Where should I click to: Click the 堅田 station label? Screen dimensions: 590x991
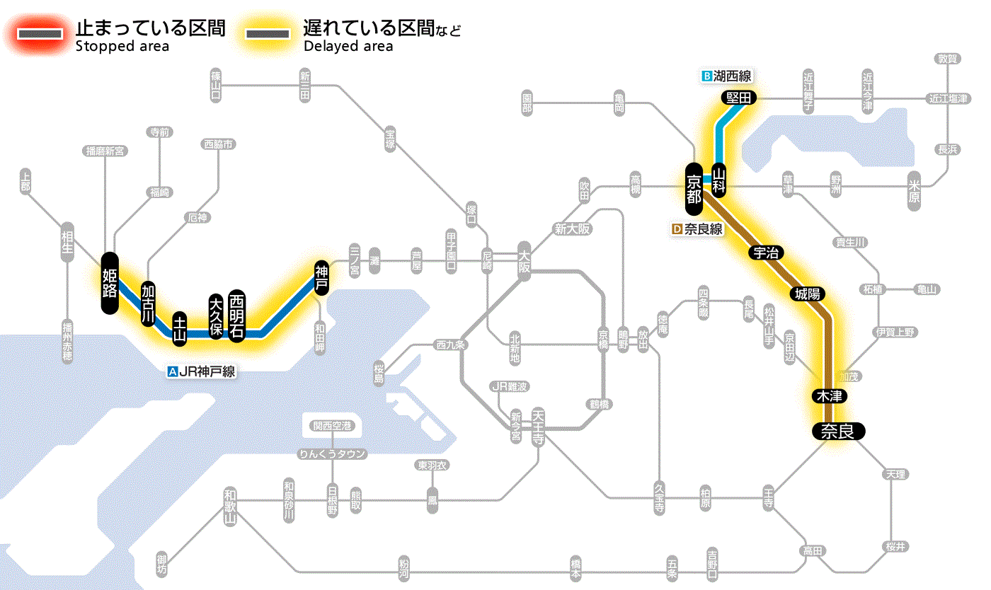738,98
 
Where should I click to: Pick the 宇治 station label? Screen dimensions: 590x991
766,253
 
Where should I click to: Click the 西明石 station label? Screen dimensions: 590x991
236,316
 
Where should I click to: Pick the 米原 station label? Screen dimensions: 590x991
914,191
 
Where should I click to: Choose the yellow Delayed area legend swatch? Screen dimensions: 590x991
268,34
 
